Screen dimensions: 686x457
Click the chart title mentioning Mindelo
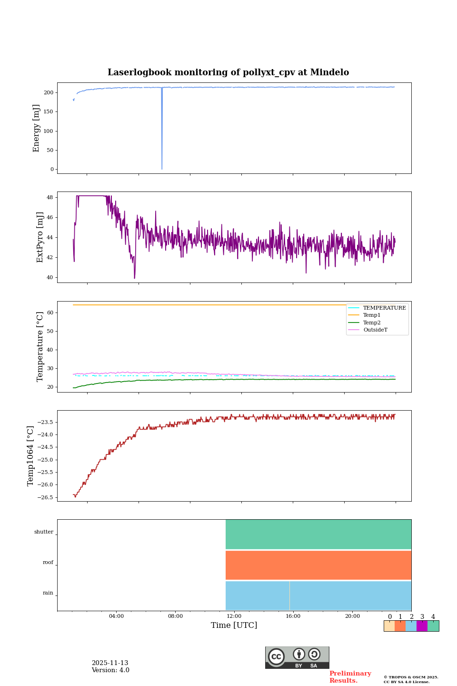228,72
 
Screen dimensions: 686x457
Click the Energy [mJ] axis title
36,128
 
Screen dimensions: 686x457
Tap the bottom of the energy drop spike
162,168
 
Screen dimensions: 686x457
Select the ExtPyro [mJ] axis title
40,237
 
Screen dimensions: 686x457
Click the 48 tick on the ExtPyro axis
50,197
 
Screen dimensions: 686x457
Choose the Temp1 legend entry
372,315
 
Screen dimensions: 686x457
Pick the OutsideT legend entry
375,330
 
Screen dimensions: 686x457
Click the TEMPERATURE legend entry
384,308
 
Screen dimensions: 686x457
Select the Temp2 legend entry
372,323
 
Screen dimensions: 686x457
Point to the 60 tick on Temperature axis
50,313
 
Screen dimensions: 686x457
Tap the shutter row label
44,532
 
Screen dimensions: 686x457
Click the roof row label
48,563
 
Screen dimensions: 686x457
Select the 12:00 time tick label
234,616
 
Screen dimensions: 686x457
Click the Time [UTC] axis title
234,625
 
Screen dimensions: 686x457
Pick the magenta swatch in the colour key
422,626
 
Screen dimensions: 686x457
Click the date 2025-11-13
110,663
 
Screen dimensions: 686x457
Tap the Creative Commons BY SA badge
297,657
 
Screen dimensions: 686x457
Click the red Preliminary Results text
350,677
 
